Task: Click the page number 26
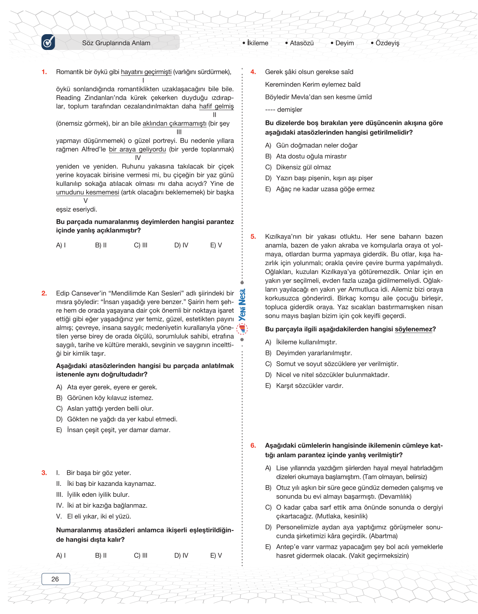click(x=55, y=579)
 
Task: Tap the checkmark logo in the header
click(x=48, y=42)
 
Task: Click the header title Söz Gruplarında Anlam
click(x=116, y=43)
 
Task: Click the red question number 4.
click(x=253, y=72)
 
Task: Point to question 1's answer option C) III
click(x=141, y=245)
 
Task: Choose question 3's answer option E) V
click(x=216, y=555)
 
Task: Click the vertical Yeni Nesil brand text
click(x=242, y=305)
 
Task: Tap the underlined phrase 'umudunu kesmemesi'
click(x=88, y=192)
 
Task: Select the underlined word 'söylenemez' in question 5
click(x=413, y=329)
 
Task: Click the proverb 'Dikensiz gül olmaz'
click(x=303, y=167)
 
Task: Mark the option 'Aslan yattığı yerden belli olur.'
click(x=110, y=408)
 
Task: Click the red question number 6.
click(x=253, y=445)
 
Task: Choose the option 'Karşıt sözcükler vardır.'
click(x=310, y=386)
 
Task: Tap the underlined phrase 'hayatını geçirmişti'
click(x=146, y=72)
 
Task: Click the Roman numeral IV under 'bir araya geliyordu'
click(x=138, y=158)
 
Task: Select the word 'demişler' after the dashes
click(x=290, y=109)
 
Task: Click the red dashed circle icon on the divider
click(x=242, y=329)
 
